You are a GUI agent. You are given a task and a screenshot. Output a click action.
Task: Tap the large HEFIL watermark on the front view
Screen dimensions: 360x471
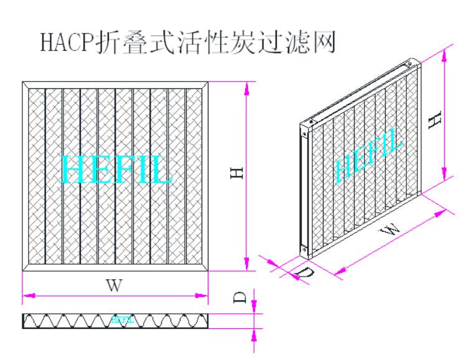click(x=116, y=168)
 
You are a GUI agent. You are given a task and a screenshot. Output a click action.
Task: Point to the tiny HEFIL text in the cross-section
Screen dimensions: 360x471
click(x=122, y=320)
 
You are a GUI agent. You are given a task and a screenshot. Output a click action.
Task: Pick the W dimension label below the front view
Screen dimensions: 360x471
click(x=113, y=286)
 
